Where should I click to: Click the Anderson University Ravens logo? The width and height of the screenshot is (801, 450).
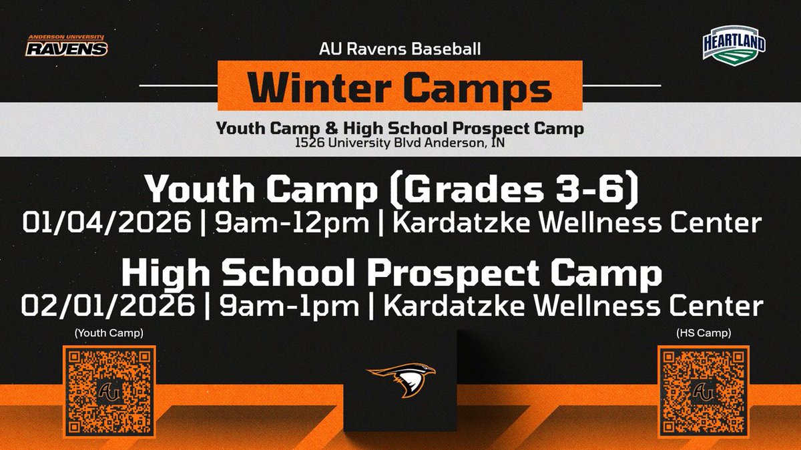pos(67,45)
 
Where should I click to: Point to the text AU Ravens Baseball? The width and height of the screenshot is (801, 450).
pos(400,49)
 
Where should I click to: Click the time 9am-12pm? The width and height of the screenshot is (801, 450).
pos(288,222)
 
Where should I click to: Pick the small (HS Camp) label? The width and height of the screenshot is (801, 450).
pos(700,332)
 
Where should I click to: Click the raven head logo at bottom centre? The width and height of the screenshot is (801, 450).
pos(400,380)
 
